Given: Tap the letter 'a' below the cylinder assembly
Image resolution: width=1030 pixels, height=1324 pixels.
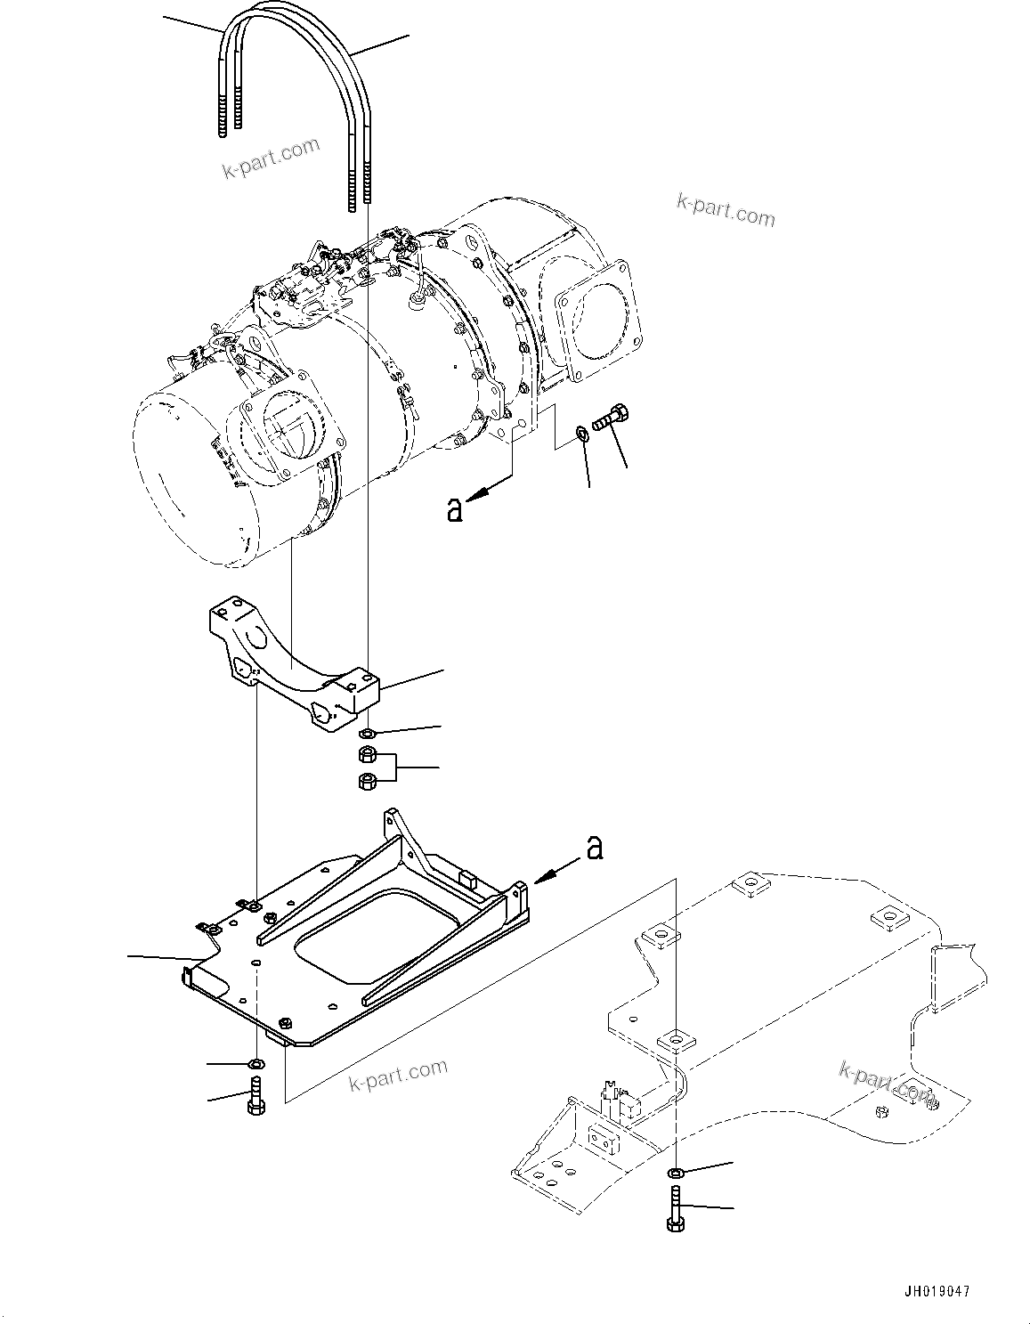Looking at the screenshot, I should tap(455, 510).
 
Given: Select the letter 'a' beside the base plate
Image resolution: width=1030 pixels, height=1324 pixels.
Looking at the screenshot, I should tap(594, 848).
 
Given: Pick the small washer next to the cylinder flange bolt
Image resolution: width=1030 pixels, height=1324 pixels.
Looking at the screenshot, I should tap(580, 434).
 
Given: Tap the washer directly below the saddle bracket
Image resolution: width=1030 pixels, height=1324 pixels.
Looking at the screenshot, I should tap(366, 734).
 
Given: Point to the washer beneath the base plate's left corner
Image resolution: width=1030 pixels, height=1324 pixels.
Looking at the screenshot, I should tap(256, 1063).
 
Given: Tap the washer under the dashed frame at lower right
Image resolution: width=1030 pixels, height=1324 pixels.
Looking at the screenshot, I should tap(676, 1170).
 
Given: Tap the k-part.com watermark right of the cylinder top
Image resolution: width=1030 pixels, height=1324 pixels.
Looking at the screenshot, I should tap(726, 211).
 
